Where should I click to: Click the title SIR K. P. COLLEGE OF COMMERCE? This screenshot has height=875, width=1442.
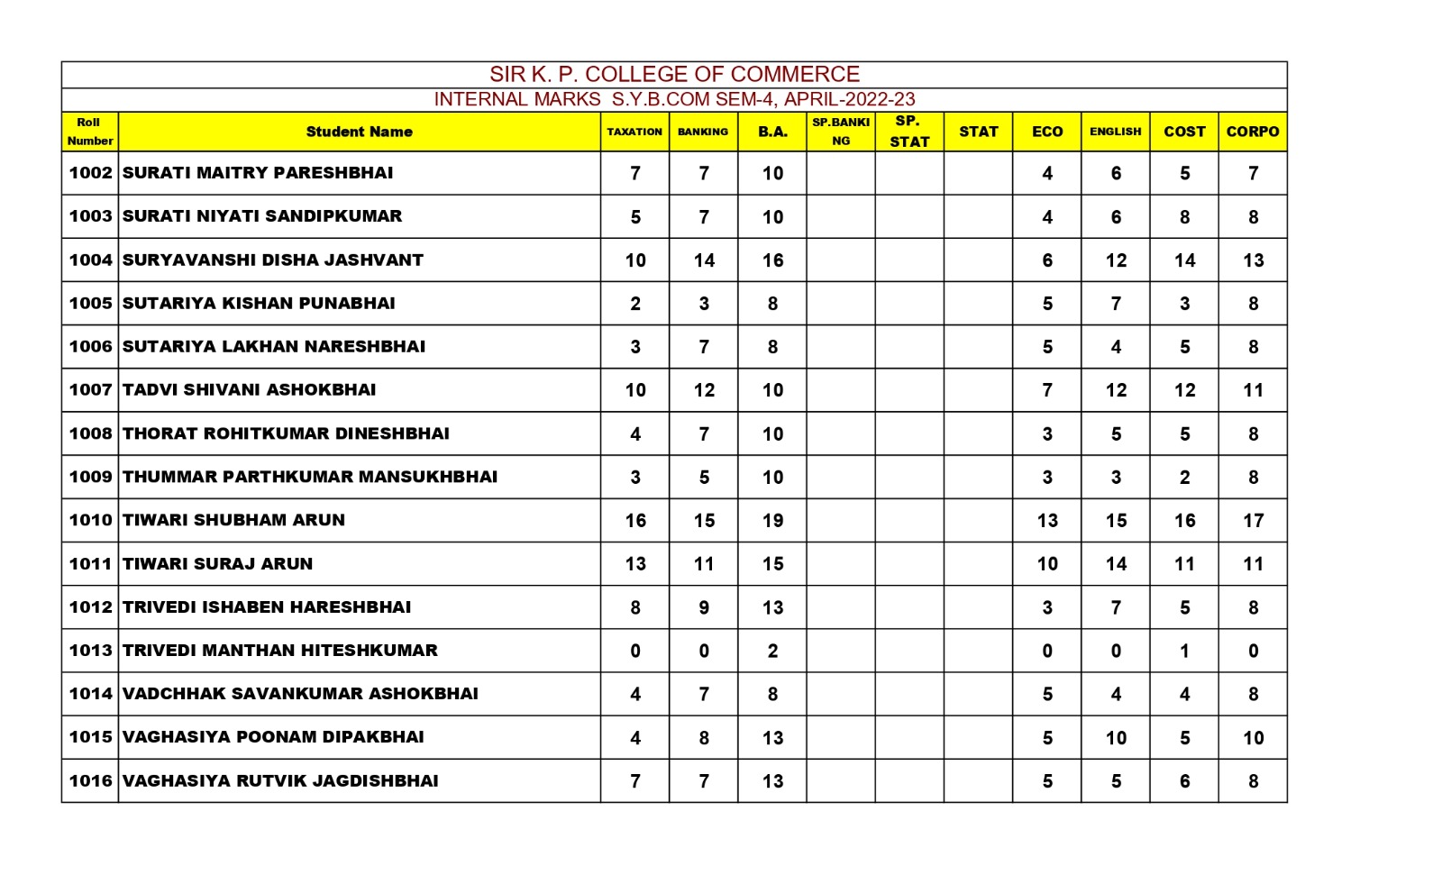click(674, 74)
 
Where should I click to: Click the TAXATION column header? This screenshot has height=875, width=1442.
click(634, 132)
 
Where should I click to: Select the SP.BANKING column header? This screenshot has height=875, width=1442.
click(840, 132)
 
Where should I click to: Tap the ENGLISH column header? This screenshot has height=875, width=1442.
click(1115, 132)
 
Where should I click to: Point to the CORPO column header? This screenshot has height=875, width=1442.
click(1252, 132)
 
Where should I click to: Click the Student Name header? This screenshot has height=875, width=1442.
click(359, 132)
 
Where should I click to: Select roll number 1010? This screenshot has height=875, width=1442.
click(90, 520)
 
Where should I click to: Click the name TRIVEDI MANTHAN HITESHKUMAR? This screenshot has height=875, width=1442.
click(280, 651)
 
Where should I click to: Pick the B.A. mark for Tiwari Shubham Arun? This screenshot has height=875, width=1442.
click(772, 521)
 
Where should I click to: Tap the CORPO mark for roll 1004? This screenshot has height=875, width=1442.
click(1253, 260)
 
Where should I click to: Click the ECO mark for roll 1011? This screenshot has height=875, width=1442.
click(1047, 564)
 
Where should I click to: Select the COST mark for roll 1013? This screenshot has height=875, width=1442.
click(1184, 651)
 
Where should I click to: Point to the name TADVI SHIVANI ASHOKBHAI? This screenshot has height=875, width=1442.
click(250, 390)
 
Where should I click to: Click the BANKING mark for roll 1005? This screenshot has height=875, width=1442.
click(704, 304)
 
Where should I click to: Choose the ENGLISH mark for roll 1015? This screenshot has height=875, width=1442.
click(1116, 738)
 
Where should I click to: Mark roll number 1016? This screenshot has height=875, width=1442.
click(90, 781)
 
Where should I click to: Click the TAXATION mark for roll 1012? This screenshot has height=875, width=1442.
click(635, 607)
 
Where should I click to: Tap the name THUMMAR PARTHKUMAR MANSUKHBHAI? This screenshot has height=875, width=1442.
click(310, 477)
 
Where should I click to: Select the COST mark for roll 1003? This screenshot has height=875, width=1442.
click(1184, 217)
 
